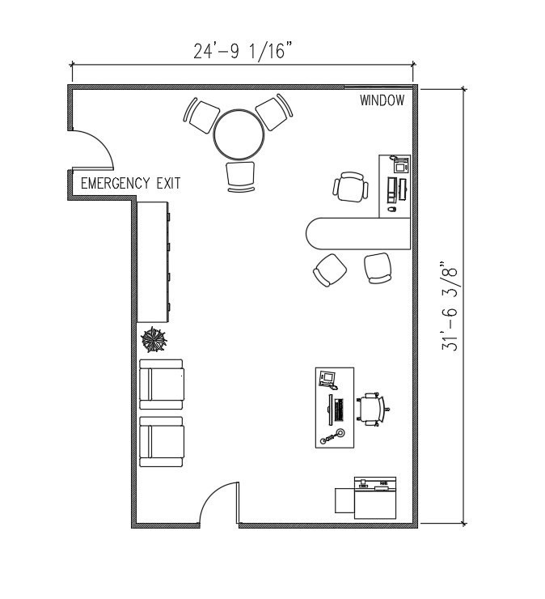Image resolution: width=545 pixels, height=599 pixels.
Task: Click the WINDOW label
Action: (x=382, y=101)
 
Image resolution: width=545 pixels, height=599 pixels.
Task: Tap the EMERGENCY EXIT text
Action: (x=130, y=184)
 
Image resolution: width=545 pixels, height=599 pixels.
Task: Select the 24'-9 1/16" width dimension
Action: (x=242, y=50)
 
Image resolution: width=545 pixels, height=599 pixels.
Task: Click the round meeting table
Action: (x=239, y=135)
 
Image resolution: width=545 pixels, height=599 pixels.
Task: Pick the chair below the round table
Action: (x=240, y=176)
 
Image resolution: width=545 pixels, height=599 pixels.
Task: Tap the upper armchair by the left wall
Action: (x=162, y=383)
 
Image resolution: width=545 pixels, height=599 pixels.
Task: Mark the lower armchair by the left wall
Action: (x=162, y=442)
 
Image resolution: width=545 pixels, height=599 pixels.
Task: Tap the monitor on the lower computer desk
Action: (x=327, y=377)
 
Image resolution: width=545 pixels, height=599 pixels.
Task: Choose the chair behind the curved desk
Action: (x=351, y=188)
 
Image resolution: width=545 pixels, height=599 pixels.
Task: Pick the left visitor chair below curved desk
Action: (x=330, y=270)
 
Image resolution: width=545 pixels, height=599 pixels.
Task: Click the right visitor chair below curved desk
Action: (x=378, y=268)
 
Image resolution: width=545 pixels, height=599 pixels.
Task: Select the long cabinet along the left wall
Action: (x=153, y=261)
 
